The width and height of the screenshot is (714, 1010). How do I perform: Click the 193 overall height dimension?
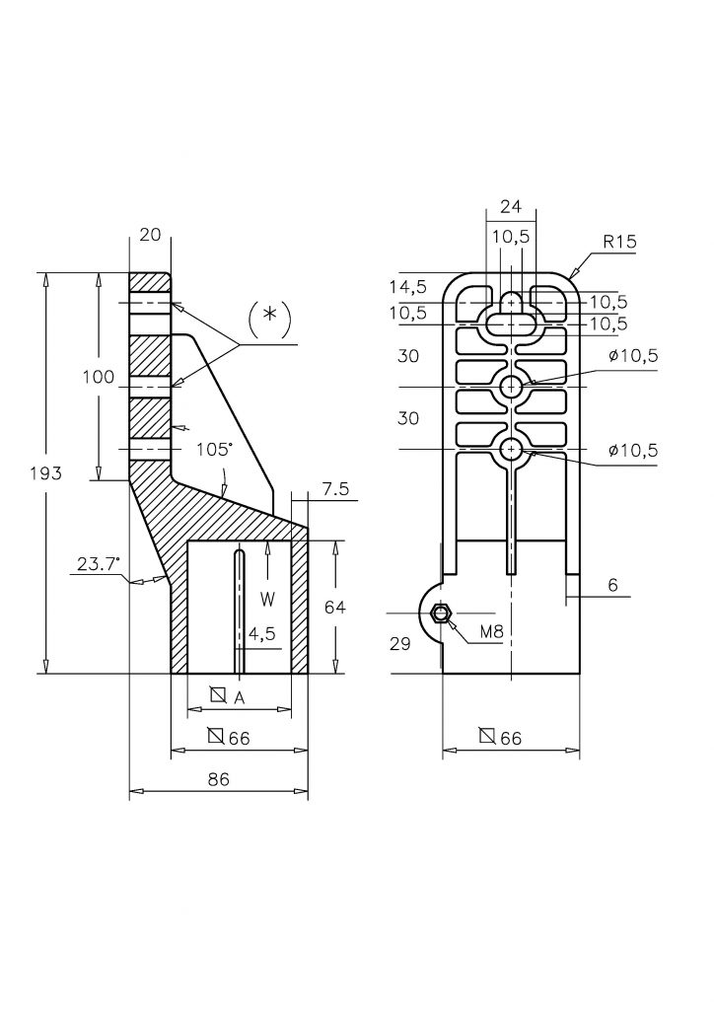(46, 473)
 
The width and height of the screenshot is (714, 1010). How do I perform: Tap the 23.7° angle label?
(99, 565)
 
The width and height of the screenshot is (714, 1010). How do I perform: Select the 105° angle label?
(214, 449)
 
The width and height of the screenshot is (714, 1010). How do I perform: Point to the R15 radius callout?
(619, 243)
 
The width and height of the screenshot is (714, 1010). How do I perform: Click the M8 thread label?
(492, 632)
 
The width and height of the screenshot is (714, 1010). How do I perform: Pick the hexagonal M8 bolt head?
(441, 613)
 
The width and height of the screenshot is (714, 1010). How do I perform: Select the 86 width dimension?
(219, 779)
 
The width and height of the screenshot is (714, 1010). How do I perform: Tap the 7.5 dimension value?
(335, 489)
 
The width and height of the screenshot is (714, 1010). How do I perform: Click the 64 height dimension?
(334, 607)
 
